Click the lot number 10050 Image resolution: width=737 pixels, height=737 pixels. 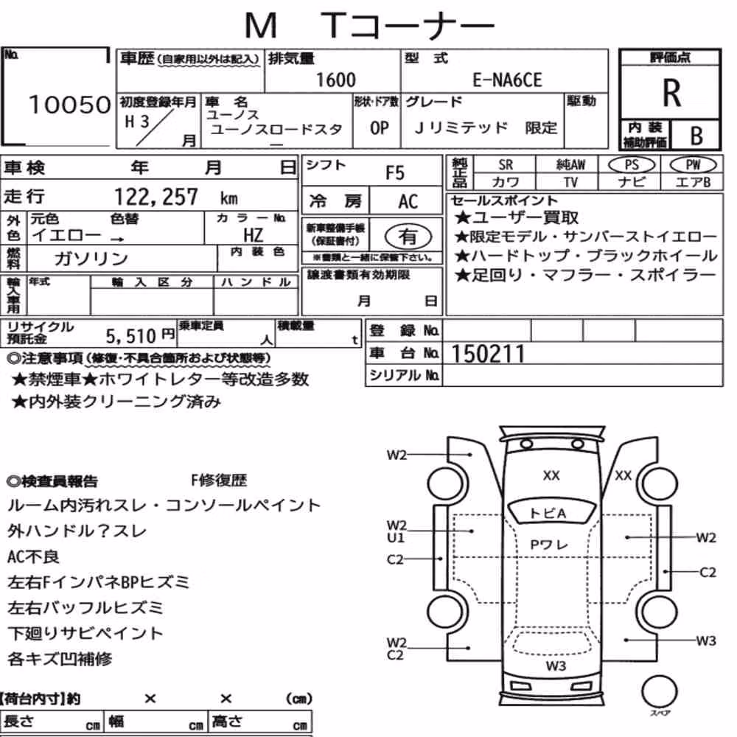click(x=69, y=105)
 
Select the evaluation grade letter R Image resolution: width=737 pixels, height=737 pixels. click(x=671, y=93)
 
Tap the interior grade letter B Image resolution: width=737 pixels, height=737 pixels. click(x=696, y=136)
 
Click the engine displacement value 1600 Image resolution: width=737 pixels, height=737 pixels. click(x=335, y=80)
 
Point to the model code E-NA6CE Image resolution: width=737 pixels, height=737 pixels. click(x=507, y=80)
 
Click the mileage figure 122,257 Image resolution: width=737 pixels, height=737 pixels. click(x=156, y=197)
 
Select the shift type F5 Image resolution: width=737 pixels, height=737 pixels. click(x=395, y=173)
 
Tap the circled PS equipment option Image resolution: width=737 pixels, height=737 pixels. click(x=632, y=165)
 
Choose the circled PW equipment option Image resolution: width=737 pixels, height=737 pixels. click(x=693, y=165)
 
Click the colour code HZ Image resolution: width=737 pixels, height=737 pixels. click(x=254, y=235)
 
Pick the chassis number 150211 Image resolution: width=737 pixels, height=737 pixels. click(x=488, y=354)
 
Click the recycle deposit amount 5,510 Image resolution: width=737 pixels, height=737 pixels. click(x=130, y=336)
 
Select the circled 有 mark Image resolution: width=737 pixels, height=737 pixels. click(x=408, y=237)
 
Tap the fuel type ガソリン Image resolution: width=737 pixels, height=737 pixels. click(x=91, y=258)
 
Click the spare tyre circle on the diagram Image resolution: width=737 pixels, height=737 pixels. click(x=659, y=691)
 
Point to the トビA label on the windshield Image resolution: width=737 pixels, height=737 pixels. click(x=548, y=513)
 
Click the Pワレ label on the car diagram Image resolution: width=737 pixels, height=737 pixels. click(x=548, y=545)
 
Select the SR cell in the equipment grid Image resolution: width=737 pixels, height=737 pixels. click(x=506, y=165)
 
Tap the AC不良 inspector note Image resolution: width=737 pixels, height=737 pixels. click(x=33, y=556)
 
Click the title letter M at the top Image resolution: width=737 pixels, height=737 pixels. click(x=261, y=25)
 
